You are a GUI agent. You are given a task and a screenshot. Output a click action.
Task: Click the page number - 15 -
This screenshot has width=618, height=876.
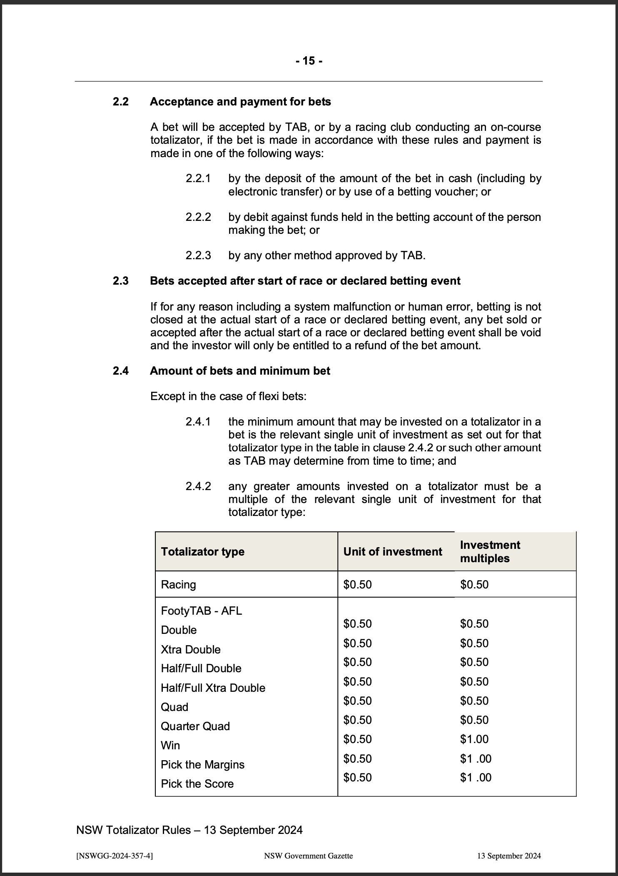309,61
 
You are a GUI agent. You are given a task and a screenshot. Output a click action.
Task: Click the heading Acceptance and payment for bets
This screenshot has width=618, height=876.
240,102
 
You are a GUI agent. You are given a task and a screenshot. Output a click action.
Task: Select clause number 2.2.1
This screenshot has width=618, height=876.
198,178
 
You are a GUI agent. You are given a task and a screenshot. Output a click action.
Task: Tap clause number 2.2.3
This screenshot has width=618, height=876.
198,255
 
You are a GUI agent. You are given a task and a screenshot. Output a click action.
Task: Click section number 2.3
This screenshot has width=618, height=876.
121,281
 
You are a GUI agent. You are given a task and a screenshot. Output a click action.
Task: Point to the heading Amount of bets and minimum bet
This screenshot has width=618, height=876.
240,371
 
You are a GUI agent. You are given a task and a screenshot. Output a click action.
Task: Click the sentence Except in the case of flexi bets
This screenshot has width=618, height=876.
228,396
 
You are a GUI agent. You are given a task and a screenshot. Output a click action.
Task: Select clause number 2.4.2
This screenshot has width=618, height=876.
198,486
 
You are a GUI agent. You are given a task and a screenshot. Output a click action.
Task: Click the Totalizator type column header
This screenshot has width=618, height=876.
203,552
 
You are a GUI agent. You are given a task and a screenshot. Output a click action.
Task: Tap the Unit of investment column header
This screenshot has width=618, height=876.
392,552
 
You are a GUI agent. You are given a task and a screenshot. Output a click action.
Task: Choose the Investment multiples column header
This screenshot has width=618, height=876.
490,552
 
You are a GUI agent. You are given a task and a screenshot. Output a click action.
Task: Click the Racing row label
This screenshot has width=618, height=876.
178,584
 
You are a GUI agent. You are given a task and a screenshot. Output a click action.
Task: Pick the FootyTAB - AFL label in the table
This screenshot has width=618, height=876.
201,611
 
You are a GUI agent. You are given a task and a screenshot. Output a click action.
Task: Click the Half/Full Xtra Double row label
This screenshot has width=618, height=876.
213,688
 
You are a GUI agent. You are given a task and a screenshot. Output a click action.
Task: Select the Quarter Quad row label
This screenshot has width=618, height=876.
195,726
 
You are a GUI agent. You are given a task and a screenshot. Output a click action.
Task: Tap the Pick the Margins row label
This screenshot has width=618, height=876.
202,764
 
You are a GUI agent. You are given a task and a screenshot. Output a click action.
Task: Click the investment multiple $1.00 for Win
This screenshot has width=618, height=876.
474,739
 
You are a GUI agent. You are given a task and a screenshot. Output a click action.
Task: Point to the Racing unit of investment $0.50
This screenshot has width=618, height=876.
357,584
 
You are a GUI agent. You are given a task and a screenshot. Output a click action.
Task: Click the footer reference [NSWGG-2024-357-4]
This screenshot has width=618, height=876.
115,856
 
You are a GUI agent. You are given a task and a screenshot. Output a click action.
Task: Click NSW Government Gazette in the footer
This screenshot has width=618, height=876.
309,856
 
